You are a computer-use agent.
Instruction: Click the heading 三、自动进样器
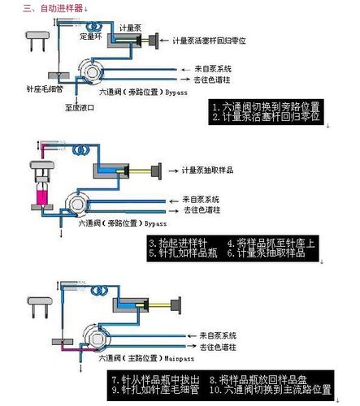click(x=55, y=8)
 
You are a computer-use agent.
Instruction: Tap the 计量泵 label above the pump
click(x=130, y=26)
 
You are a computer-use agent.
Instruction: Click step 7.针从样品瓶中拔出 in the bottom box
click(x=158, y=378)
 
